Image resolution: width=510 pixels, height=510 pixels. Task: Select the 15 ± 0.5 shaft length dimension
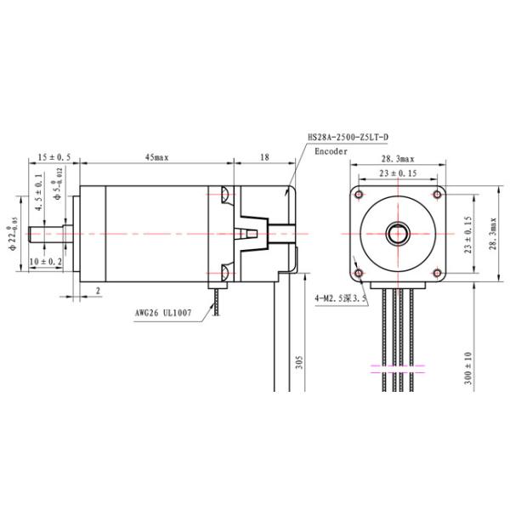[54, 157]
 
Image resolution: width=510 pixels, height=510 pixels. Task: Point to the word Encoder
[331, 151]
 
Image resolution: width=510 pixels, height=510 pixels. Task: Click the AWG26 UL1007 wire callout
[162, 312]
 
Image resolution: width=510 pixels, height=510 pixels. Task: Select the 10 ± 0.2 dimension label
[44, 262]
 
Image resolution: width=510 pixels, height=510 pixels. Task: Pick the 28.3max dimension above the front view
[397, 158]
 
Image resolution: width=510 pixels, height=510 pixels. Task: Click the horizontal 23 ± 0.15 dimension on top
[398, 173]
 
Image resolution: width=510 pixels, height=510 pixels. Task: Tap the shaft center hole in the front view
[397, 231]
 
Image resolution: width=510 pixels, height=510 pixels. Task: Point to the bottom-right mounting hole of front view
[436, 271]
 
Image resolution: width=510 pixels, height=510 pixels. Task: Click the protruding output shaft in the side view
[51, 231]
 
